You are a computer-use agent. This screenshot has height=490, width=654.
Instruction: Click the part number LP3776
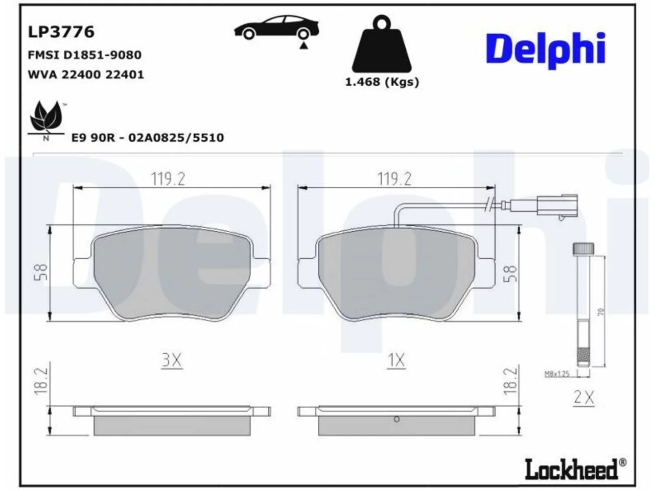point(61,32)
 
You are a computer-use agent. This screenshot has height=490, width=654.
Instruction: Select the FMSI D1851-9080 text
point(85,55)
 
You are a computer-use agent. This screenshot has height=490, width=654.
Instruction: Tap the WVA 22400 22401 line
point(86,75)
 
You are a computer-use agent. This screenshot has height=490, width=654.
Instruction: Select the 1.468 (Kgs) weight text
point(382,82)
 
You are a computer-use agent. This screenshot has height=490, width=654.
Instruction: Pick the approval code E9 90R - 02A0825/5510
point(148,138)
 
